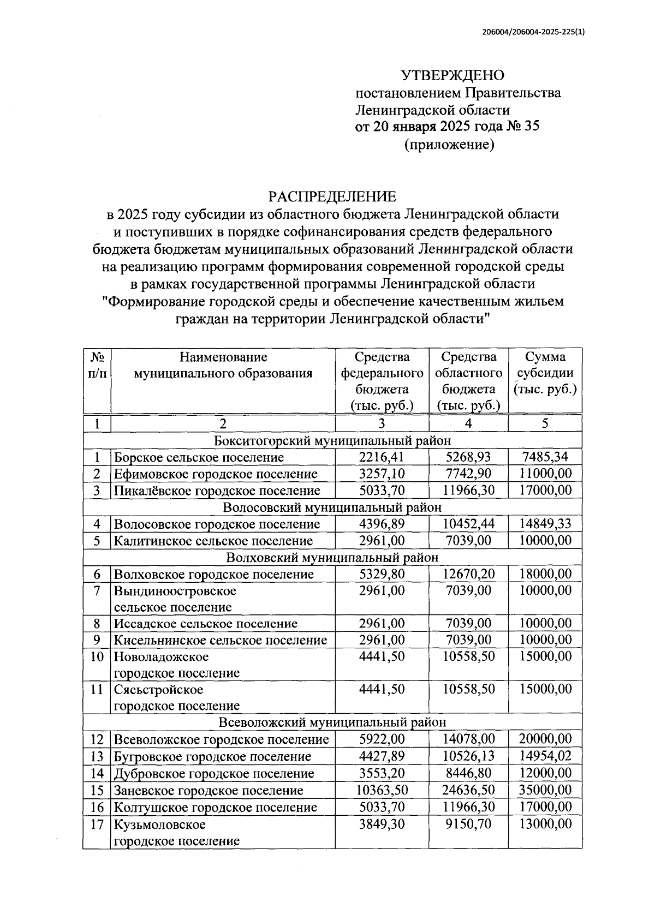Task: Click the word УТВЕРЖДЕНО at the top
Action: pos(452,75)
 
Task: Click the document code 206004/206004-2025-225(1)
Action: pos(533,32)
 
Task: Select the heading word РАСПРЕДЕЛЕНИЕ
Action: pos(332,196)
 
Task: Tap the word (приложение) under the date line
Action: pos(449,145)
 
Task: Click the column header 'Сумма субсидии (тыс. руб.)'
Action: pos(545,374)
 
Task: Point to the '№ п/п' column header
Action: pos(97,365)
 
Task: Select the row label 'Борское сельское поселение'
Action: pos(199,457)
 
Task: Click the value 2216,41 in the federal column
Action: pos(382,457)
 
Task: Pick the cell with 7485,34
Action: pos(545,457)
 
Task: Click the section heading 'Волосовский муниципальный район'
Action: pos(332,507)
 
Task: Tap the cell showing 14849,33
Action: pos(545,524)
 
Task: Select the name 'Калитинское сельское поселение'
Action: pos(213,541)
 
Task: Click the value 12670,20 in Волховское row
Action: pos(468,574)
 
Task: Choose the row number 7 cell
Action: pos(97,591)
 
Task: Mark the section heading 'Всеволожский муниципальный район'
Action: pos(332,722)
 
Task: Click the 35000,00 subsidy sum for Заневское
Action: pos(545,790)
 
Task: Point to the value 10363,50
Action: pos(382,790)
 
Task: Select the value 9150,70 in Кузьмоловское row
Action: pos(468,824)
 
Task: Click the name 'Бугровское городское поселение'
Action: pos(212,756)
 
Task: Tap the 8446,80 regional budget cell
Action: pos(468,773)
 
